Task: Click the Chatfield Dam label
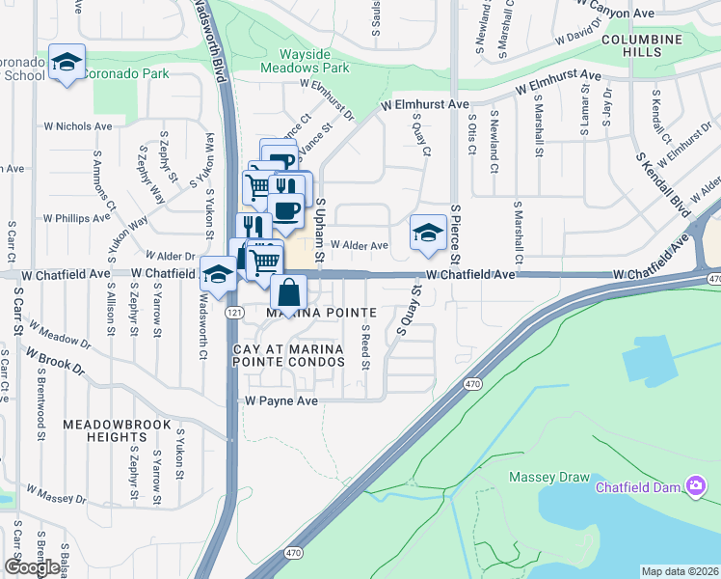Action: click(638, 486)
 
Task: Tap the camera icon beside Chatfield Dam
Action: click(694, 485)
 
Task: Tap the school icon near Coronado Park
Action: click(67, 64)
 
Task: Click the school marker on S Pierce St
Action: click(428, 233)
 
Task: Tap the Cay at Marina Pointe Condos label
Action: click(288, 354)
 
